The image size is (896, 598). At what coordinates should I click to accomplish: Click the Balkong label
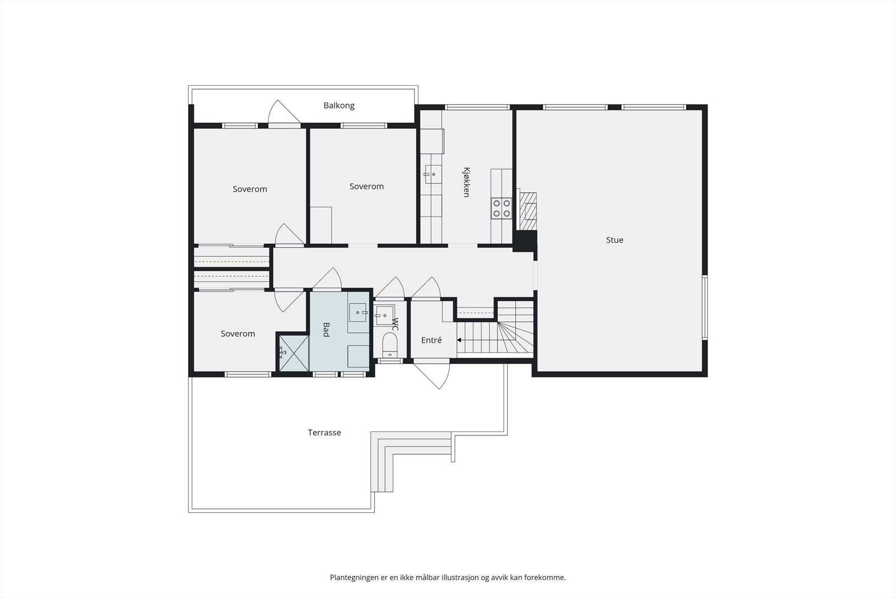(339, 105)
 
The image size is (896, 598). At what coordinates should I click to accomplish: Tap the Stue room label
(614, 240)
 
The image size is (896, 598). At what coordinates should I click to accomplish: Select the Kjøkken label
(466, 182)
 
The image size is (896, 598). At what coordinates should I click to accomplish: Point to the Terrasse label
(324, 433)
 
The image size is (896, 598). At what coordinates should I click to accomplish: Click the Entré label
(431, 340)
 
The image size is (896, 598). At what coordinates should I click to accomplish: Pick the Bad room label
(326, 330)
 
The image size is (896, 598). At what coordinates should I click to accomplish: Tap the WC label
(395, 323)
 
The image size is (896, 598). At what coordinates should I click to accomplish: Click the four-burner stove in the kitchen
(501, 208)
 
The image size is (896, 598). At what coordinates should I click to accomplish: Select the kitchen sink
(431, 174)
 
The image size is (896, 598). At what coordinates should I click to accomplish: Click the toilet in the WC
(390, 344)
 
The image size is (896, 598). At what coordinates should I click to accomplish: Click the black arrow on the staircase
(460, 340)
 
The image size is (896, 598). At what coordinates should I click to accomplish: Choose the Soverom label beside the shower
(238, 333)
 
